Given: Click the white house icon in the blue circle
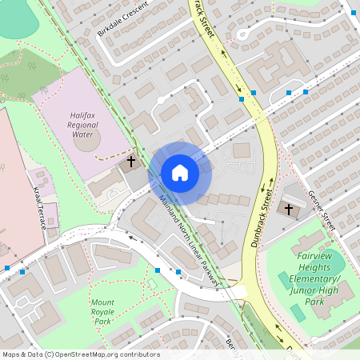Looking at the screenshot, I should (180, 173).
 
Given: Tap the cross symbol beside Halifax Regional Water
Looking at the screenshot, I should (130, 162).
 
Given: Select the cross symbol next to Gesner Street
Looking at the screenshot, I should (289, 209).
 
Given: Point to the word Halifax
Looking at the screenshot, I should (83, 115).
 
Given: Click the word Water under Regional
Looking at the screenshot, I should (83, 134).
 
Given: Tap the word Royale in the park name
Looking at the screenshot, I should (102, 312).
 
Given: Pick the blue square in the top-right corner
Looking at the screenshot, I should (353, 13).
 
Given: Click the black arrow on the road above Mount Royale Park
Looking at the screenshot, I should (129, 236).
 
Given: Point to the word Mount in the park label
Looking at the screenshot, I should (102, 302).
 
